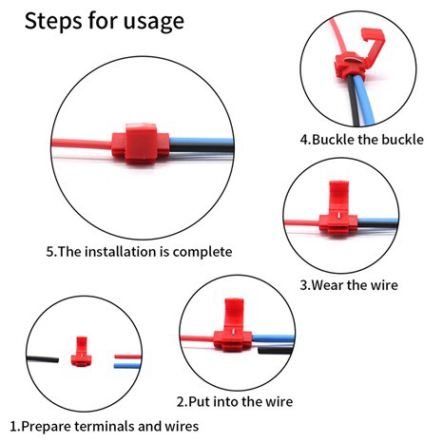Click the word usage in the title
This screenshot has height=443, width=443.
pos(153,22)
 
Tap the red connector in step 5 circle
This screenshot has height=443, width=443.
pos(141,144)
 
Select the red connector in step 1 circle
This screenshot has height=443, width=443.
pos(82,352)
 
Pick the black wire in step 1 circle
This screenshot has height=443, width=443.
pos(43,359)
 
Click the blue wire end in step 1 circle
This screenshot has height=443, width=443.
pos(127,366)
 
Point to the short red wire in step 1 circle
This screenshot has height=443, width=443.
pos(127,356)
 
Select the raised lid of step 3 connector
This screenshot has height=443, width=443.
pos(338,197)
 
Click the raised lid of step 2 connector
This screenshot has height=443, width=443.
pos(234,314)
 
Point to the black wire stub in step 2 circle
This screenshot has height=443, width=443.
pos(275,350)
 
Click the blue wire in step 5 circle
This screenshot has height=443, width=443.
pos(202,141)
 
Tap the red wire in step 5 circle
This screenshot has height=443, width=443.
pos(82,144)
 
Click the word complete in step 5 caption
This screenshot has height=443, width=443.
pos(202,252)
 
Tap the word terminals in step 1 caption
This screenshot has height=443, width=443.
pos(105,426)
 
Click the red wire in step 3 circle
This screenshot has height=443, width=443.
pos(301,222)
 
